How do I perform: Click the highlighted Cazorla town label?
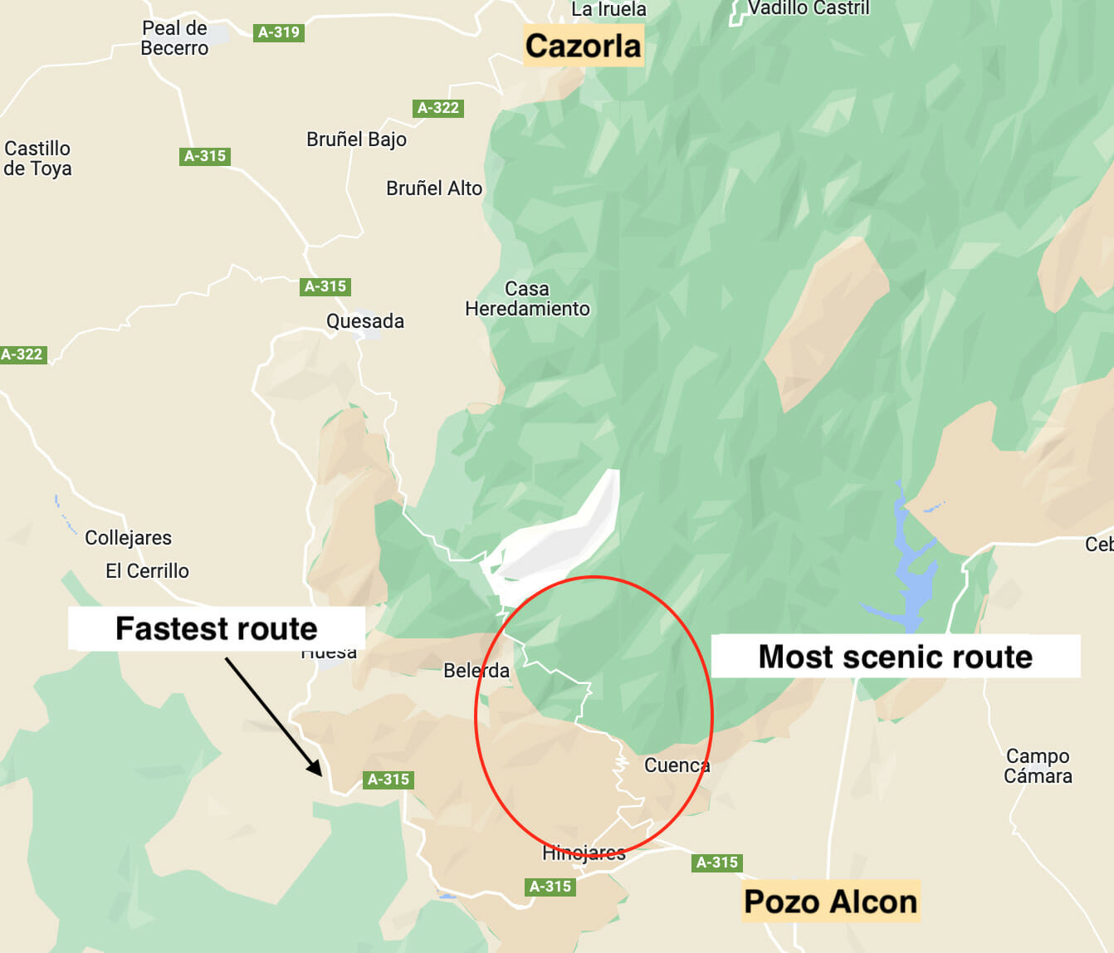(584, 46)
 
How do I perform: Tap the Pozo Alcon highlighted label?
(830, 902)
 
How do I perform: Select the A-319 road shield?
(278, 32)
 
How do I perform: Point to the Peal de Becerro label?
(174, 38)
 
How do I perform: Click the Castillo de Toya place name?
(37, 159)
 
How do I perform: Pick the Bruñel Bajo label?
(356, 139)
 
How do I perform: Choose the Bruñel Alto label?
(433, 188)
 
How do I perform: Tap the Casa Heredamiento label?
(527, 299)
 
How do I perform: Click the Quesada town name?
(364, 321)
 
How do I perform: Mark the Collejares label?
(128, 538)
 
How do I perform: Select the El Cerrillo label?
(147, 571)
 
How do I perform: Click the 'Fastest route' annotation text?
(216, 628)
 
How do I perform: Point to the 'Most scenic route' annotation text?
(895, 657)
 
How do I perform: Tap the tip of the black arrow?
(320, 775)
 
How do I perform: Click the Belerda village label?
(476, 671)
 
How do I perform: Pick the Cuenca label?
(677, 765)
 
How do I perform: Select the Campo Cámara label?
(1038, 766)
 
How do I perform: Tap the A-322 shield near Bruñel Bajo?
(437, 108)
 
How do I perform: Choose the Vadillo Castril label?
(808, 8)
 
